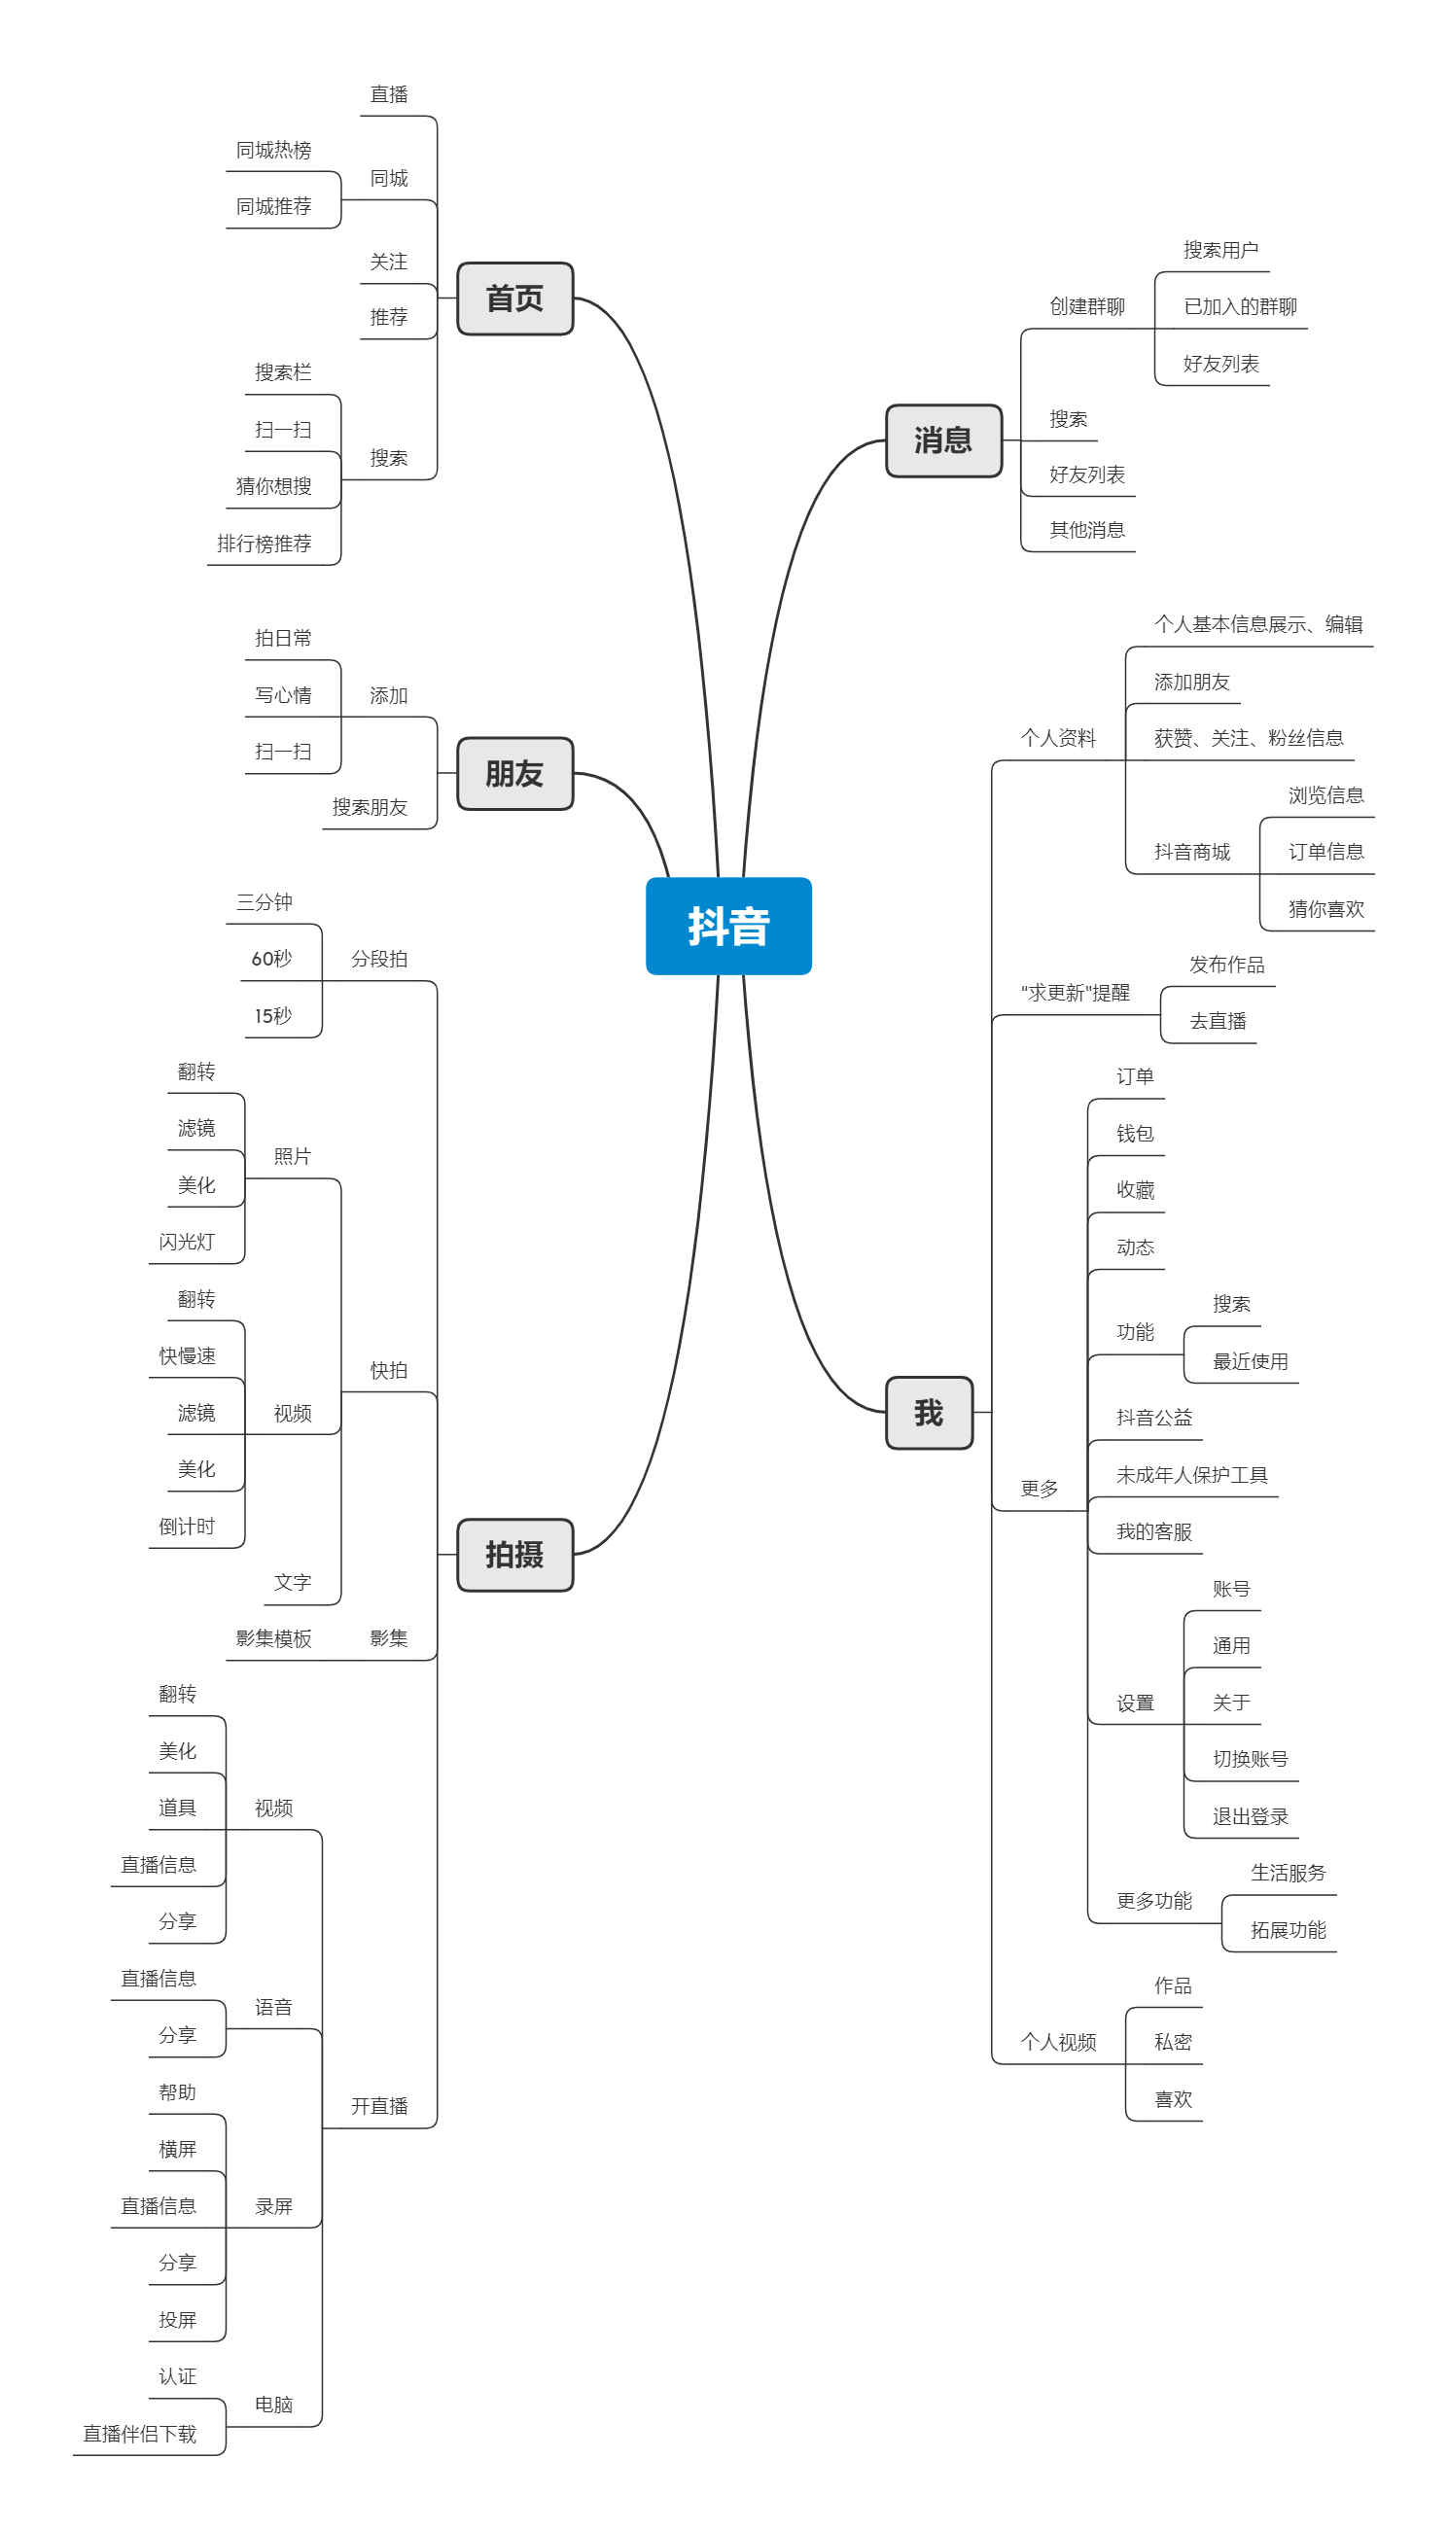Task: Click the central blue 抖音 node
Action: tap(729, 926)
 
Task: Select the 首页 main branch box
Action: tap(515, 299)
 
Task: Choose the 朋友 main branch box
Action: tap(515, 773)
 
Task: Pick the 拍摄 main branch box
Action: tap(515, 1555)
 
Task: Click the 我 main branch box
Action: tap(929, 1413)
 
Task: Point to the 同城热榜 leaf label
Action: tap(273, 150)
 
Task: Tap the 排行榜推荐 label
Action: tap(265, 544)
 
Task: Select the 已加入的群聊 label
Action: tap(1240, 306)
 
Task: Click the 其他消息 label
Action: tap(1087, 530)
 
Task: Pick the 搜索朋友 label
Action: tap(370, 807)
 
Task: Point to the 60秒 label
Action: tap(271, 959)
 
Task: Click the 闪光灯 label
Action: tap(187, 1242)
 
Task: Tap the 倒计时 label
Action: tap(187, 1526)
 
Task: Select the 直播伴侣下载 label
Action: tap(140, 2434)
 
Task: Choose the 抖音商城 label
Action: tap(1192, 852)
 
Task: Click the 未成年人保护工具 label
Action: tap(1192, 1475)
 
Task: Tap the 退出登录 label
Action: tap(1250, 1816)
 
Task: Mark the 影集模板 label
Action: tap(273, 1638)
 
